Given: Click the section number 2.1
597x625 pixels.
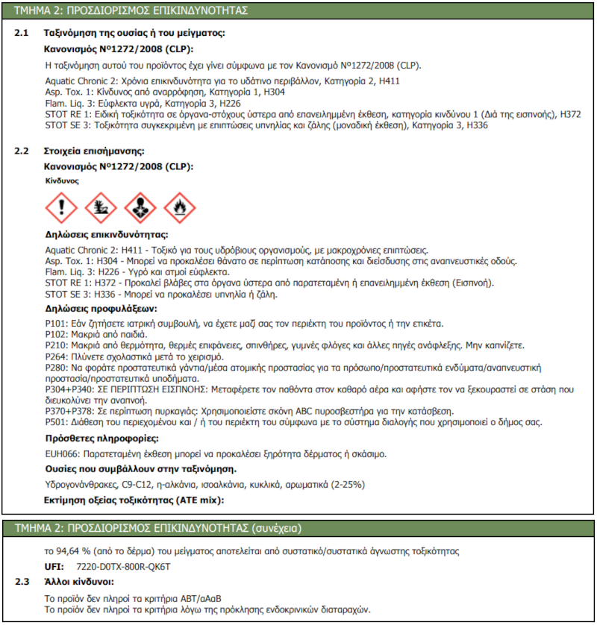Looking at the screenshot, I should click(22, 34).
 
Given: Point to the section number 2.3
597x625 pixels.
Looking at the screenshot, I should click(22, 581).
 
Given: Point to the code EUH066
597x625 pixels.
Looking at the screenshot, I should click(61, 454).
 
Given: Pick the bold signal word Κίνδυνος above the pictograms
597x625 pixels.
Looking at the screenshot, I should click(62, 180).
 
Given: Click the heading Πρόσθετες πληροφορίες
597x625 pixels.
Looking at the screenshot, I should click(102, 439).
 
